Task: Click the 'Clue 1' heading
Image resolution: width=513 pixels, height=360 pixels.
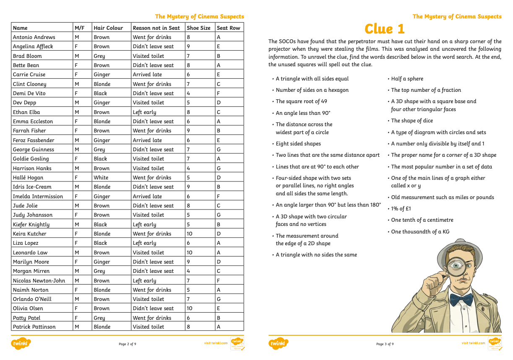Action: (385, 29)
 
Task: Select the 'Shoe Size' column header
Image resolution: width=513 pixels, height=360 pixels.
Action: (198, 28)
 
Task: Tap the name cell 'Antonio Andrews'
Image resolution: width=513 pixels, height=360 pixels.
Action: (34, 37)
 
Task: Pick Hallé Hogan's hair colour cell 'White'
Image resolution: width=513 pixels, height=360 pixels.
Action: (101, 178)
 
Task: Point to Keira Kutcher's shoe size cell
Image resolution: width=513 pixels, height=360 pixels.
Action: (190, 234)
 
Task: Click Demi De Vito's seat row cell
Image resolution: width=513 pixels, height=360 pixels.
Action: (219, 93)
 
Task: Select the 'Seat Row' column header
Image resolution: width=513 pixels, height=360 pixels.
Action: (229, 28)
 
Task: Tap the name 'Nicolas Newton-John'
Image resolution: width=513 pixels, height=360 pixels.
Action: (39, 280)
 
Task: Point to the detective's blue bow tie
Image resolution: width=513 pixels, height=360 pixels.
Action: (461, 300)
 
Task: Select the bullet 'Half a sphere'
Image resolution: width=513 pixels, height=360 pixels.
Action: (407, 79)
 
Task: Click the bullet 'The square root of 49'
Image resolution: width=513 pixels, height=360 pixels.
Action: (301, 101)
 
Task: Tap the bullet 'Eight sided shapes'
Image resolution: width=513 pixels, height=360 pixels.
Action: (298, 144)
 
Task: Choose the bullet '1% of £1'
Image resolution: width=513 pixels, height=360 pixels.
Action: (401, 209)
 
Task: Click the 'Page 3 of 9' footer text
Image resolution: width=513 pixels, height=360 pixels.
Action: (385, 344)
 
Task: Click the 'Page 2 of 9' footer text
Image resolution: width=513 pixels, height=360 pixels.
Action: (127, 344)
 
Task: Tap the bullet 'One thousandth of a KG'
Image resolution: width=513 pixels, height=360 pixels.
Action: (420, 232)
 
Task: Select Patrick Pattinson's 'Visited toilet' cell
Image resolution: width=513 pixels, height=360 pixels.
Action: (148, 327)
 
